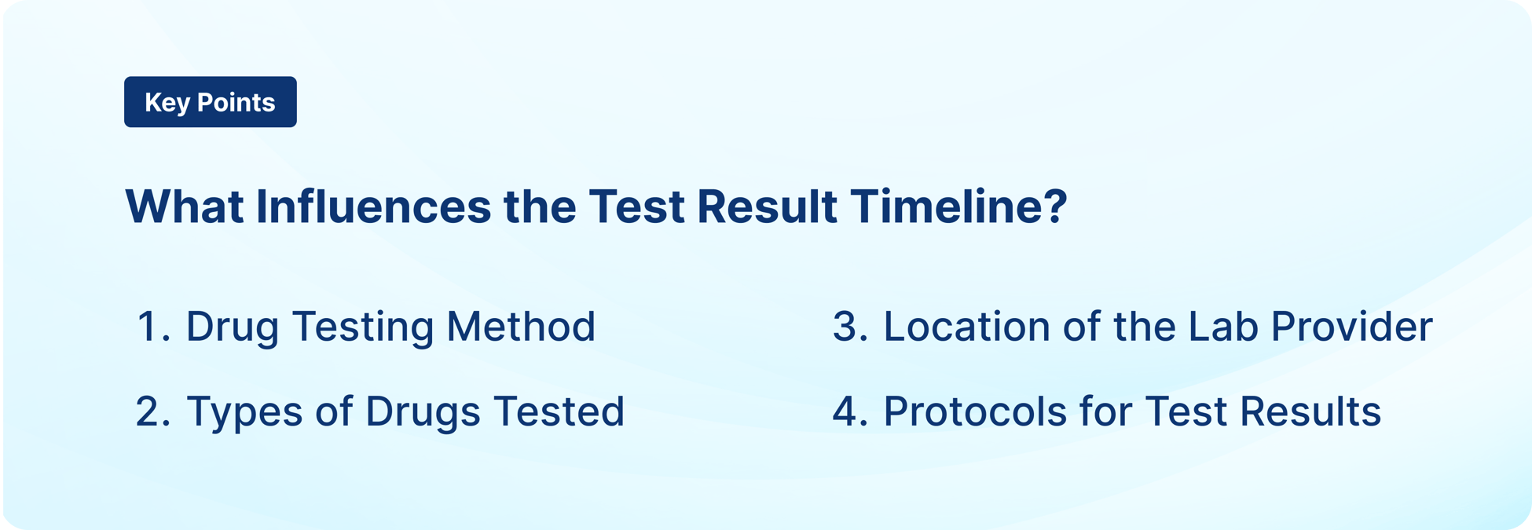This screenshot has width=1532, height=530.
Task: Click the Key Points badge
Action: tap(210, 102)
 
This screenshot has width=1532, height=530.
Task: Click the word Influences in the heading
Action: tap(373, 207)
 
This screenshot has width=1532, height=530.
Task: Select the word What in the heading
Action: tap(184, 207)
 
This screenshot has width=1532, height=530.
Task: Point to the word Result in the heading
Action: tap(766, 207)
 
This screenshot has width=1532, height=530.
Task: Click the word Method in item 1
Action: tap(521, 327)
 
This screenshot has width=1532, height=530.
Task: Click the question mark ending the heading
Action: tap(1056, 207)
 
